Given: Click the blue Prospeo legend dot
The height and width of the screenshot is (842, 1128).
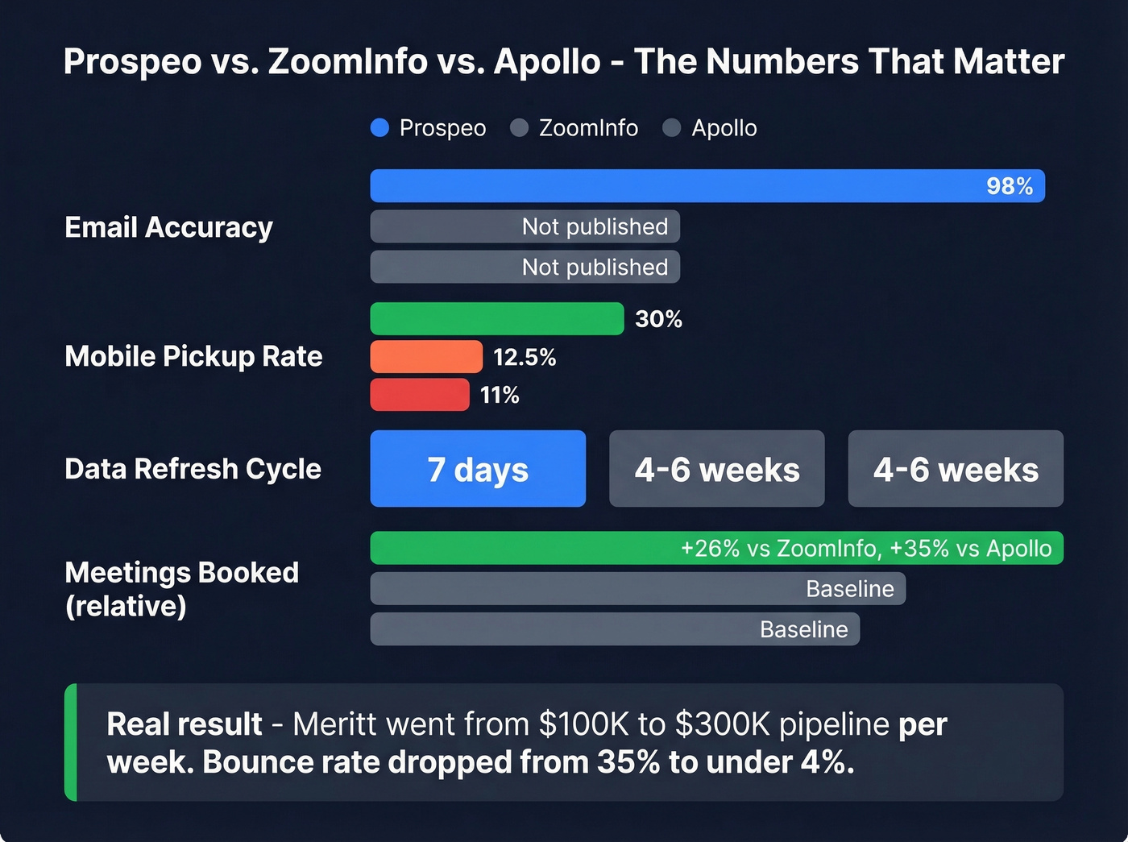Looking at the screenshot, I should (x=379, y=128).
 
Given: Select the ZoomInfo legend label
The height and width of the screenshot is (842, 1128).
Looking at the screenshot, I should (x=588, y=128).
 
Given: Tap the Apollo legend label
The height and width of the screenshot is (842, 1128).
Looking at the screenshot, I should (x=724, y=128).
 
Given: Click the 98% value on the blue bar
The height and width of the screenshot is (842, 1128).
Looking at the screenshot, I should (x=1009, y=186).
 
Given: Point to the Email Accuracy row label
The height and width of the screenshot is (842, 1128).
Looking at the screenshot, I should (x=168, y=227).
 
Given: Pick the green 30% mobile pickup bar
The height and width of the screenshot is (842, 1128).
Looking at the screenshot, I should (x=496, y=318).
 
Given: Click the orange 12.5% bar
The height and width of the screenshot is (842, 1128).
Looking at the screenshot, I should (x=426, y=356).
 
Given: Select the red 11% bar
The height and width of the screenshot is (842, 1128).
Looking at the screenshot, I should (x=419, y=395).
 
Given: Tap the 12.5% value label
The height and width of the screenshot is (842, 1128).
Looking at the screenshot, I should (x=525, y=357).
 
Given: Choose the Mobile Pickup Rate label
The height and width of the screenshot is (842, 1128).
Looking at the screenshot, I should (x=193, y=356).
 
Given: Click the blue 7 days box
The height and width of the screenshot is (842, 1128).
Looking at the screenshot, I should (x=478, y=469).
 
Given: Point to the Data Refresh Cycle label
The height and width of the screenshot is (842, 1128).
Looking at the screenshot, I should (x=193, y=469).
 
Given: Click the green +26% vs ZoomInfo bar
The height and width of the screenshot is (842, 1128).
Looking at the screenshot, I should (x=716, y=548).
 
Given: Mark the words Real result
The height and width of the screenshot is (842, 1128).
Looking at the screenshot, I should (x=185, y=724).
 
